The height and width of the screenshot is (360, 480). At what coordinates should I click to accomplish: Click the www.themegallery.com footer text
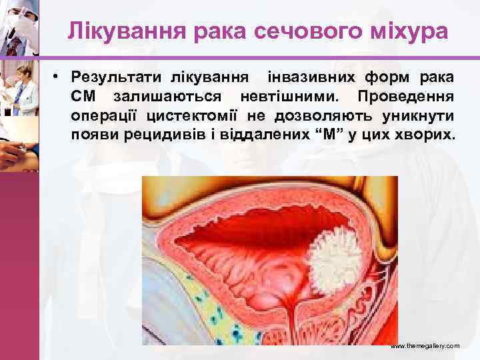(x=425, y=347)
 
